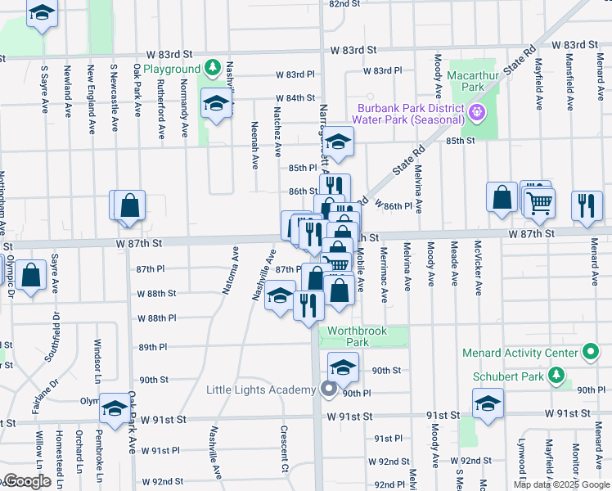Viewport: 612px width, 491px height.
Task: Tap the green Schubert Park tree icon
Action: pos(557,376)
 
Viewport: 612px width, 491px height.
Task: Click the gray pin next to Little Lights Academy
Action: pos(329,390)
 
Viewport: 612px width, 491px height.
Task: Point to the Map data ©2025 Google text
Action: pos(560,484)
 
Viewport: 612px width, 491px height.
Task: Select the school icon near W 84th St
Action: pos(216,103)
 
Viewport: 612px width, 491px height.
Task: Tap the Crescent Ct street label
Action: pos(285,448)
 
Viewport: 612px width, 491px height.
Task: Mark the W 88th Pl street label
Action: pos(157,318)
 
